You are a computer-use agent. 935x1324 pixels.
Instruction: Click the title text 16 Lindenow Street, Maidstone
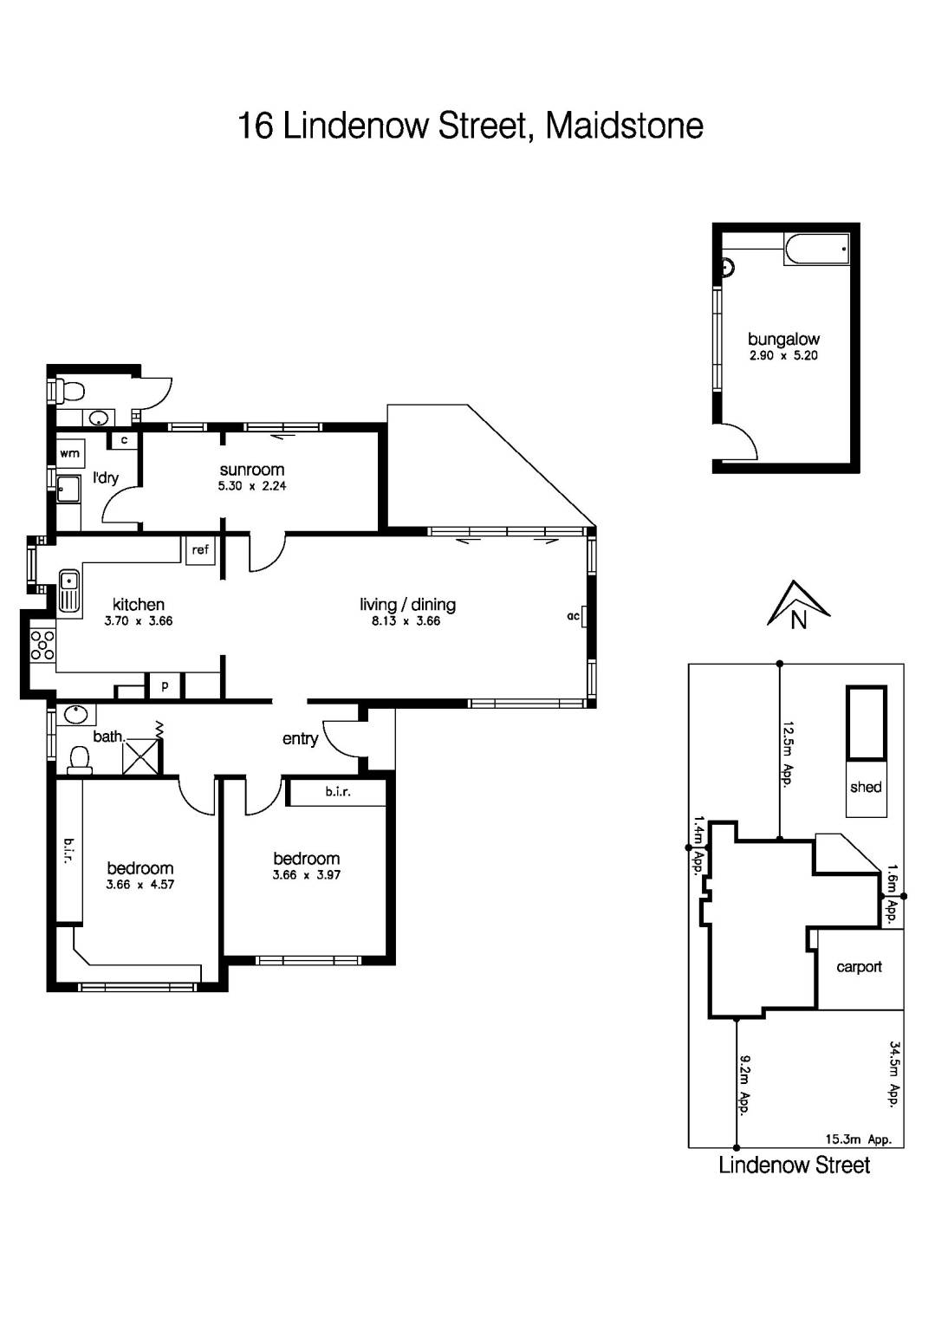pos(470,126)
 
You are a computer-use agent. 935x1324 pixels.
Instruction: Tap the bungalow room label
pos(783,340)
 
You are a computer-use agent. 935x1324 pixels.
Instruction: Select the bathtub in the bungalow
pos(816,249)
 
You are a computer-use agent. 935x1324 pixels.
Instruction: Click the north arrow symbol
pos(798,606)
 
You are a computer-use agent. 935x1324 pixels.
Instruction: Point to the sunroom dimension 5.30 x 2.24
pos(251,486)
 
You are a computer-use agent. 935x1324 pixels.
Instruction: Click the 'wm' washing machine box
pos(70,453)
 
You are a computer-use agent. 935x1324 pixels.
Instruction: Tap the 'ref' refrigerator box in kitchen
pos(200,550)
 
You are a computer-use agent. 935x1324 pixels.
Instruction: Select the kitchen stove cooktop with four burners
pos(42,645)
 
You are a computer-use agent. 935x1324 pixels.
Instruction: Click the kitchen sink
pos(69,592)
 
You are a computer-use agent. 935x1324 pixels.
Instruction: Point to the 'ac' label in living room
pos(573,616)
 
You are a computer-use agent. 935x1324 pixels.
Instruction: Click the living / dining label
pos(407,605)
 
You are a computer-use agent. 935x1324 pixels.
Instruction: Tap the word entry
pos(300,738)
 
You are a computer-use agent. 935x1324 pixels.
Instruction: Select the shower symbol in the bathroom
pos(141,756)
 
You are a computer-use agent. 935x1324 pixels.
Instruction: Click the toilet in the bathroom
pos(80,760)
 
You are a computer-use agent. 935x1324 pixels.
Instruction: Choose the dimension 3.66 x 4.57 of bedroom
pos(140,885)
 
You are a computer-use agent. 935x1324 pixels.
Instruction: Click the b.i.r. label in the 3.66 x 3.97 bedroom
pos(338,792)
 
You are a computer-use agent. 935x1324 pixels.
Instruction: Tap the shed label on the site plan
pos(866,787)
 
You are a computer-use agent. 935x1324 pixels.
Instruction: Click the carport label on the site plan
pos(859,967)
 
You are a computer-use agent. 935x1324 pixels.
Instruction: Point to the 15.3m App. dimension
pos(858,1139)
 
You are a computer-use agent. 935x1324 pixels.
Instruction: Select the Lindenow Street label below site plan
pos(794,1165)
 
